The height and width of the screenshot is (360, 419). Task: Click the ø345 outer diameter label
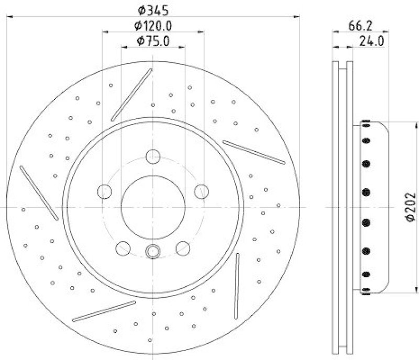point(153,9)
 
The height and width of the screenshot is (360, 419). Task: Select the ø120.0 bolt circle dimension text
point(153,25)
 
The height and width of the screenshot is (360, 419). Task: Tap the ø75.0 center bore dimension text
point(153,41)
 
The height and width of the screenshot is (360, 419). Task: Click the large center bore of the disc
point(153,207)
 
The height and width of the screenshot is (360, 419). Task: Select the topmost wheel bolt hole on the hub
point(153,156)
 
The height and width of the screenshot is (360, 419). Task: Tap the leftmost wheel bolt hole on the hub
point(105,192)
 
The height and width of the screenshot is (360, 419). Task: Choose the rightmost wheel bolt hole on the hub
point(201,192)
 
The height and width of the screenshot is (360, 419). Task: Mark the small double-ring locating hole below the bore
point(153,251)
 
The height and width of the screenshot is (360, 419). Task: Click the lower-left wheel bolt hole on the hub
point(123,248)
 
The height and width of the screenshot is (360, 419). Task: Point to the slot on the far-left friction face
point(39,193)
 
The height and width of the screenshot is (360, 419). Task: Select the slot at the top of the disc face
point(131,95)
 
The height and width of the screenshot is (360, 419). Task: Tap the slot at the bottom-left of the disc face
point(97,311)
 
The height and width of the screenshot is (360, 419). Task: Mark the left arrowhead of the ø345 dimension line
point(9,17)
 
